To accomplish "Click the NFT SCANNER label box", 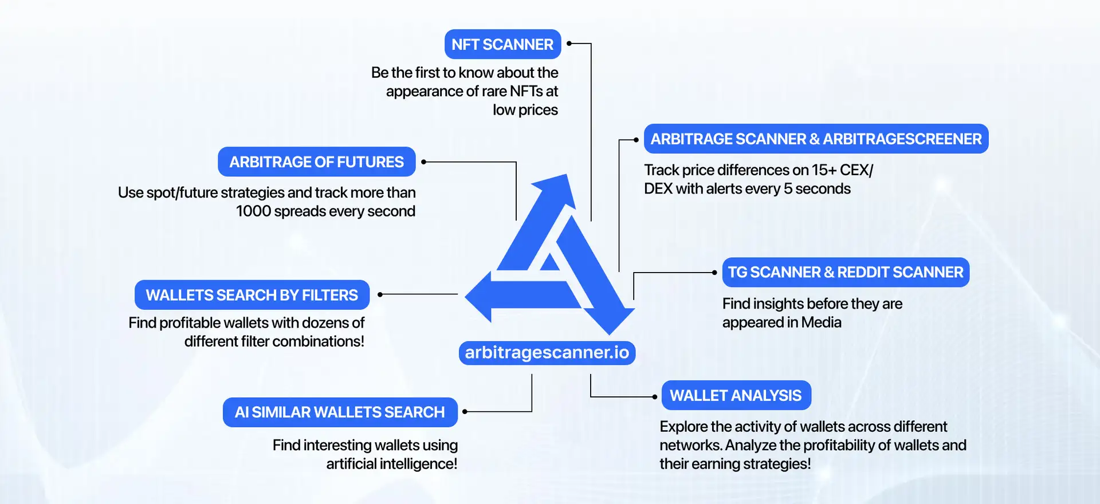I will (502, 44).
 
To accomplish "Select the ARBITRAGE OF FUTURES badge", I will (316, 162).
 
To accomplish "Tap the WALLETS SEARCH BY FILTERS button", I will (252, 295).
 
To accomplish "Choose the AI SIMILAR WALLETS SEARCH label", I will (340, 412).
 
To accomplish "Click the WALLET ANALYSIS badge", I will (736, 396).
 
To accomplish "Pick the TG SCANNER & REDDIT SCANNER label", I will (845, 273).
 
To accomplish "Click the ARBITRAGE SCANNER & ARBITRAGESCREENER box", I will (816, 139).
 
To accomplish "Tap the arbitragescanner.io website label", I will (547, 352).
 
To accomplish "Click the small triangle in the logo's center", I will (549, 263).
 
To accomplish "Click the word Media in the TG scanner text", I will (821, 322).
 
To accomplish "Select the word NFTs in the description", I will (526, 92).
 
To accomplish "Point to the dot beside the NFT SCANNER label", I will (569, 44).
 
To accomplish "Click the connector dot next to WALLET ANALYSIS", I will (654, 396).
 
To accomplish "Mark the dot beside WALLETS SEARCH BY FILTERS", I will (380, 294).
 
